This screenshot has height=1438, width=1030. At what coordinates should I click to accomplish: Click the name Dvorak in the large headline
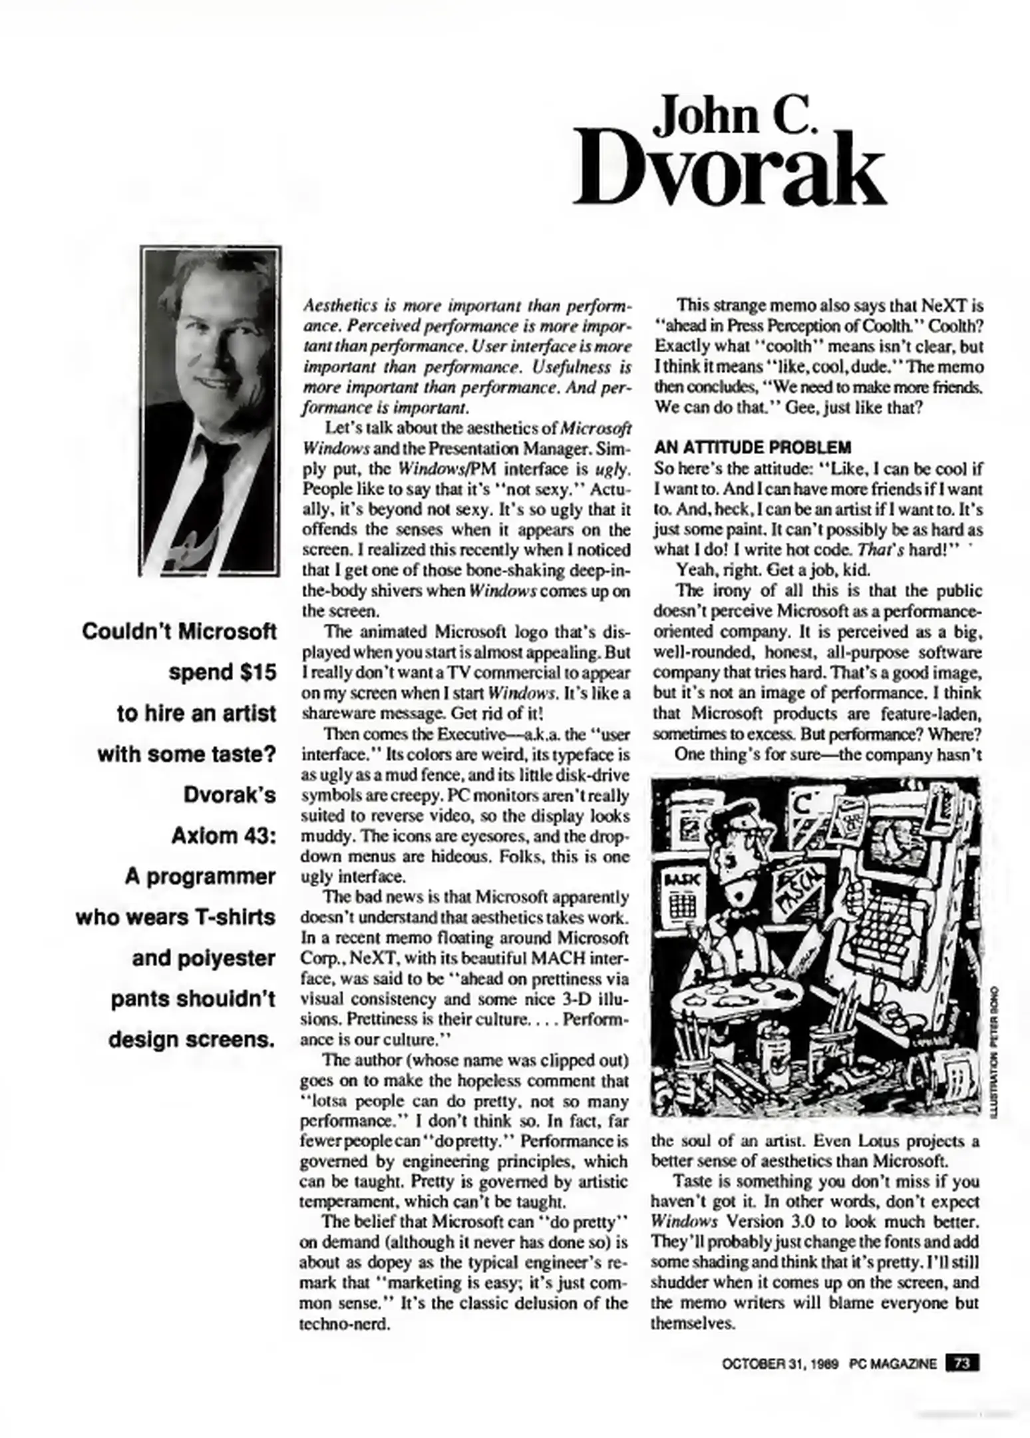(729, 170)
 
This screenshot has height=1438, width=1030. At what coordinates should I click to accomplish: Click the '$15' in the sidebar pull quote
(255, 672)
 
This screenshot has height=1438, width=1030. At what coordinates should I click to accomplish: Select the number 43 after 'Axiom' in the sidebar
(256, 836)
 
